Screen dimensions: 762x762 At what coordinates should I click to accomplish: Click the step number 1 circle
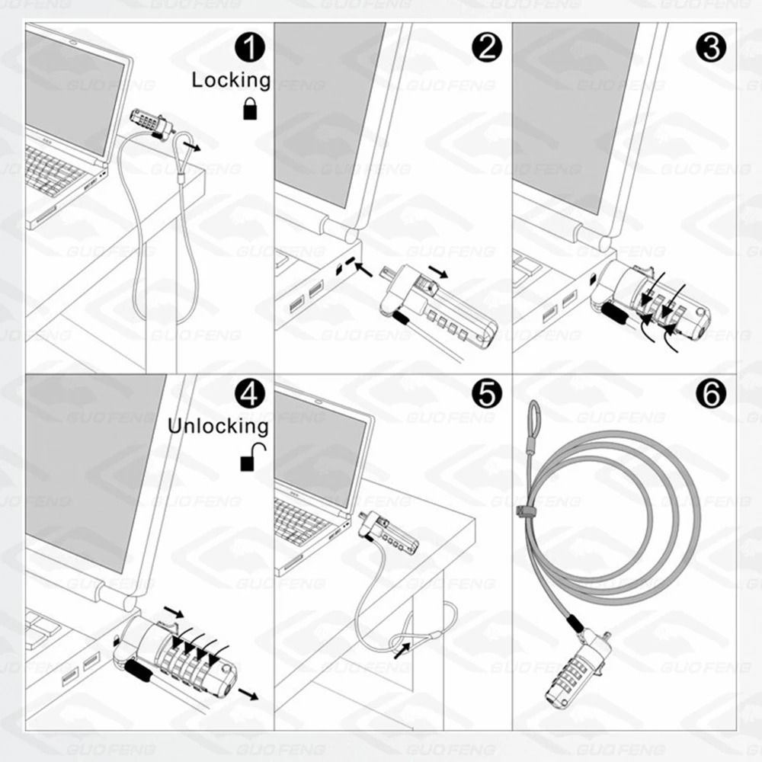[249, 48]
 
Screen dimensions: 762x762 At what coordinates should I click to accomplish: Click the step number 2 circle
[487, 48]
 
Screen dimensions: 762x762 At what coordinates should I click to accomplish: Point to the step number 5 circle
[487, 395]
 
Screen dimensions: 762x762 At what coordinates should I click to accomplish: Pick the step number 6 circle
[710, 395]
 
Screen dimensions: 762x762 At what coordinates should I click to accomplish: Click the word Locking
[230, 80]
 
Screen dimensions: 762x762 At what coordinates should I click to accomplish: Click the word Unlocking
[218, 426]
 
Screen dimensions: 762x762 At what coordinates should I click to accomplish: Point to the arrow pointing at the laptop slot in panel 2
[364, 270]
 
